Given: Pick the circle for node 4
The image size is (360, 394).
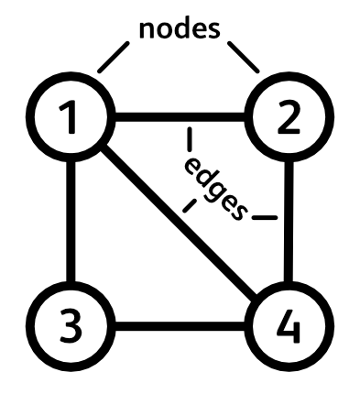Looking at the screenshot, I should pos(289,325).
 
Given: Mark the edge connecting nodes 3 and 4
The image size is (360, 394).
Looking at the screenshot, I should pos(180,325).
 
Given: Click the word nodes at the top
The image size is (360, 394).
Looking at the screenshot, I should pos(180,27).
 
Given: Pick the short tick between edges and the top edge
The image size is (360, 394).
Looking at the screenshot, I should pos(189,140).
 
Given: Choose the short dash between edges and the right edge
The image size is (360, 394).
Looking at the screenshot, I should pos(265,218).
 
